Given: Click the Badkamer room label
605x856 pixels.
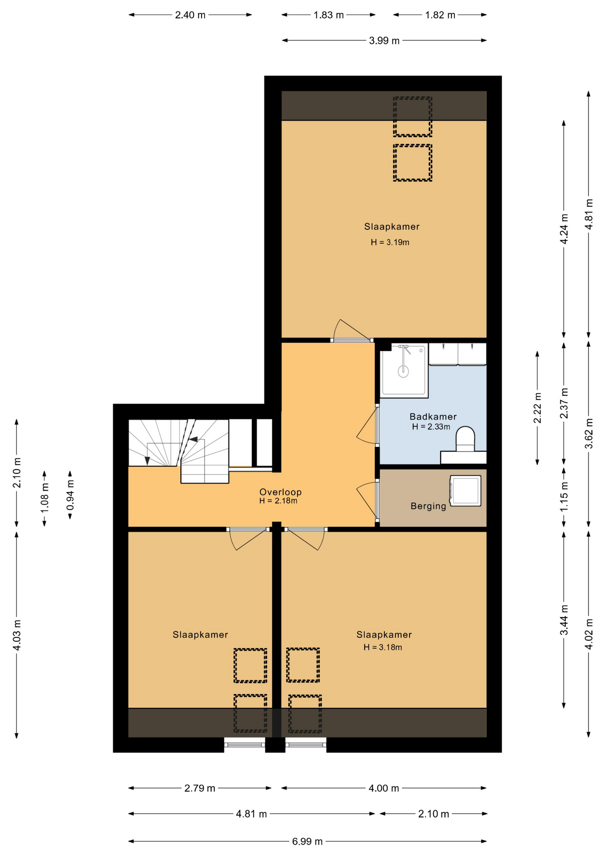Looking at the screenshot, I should click(x=433, y=416).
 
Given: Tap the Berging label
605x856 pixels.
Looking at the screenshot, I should click(x=428, y=506).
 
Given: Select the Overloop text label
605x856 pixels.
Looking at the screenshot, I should click(x=280, y=492).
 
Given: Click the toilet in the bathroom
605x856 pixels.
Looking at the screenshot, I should click(x=465, y=439).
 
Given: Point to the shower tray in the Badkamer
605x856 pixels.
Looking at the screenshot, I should click(x=403, y=370).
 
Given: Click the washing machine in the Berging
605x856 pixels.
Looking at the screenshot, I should click(x=465, y=490).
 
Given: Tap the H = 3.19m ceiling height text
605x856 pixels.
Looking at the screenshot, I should click(x=390, y=243).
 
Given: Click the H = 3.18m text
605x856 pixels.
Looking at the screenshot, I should click(x=383, y=647).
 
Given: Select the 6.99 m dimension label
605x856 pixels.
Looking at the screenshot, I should click(x=307, y=841).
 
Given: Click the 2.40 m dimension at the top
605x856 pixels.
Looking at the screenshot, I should click(x=190, y=15).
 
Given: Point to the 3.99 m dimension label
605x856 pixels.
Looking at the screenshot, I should click(x=384, y=41).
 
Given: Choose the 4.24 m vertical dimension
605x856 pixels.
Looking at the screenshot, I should click(x=564, y=228).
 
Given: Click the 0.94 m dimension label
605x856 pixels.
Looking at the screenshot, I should click(x=70, y=495).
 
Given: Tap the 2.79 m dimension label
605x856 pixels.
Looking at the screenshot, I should click(x=200, y=788).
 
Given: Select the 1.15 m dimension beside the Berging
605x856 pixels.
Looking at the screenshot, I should click(x=564, y=496).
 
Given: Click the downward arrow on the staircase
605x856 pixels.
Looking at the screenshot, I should click(x=147, y=461).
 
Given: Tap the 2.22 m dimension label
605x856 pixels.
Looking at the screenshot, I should click(x=537, y=407).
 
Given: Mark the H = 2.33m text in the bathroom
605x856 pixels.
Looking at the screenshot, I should click(x=431, y=427).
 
